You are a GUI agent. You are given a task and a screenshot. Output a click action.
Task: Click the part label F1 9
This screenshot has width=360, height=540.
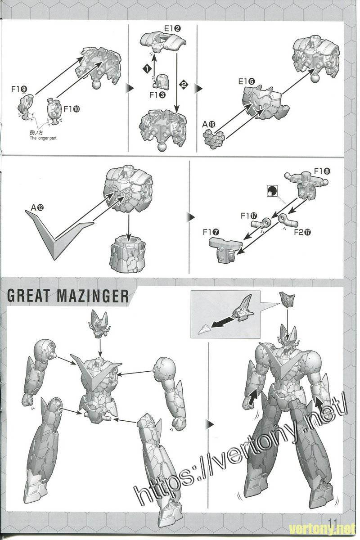(x=19, y=89)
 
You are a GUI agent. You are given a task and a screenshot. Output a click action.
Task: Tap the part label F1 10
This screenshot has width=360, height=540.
(x=72, y=109)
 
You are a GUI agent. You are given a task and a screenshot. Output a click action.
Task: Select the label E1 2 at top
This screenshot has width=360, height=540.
(x=172, y=28)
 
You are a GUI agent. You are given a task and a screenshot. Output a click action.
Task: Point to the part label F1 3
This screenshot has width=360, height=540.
(x=157, y=95)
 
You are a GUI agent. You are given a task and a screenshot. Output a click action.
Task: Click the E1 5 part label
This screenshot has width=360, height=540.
(x=247, y=81)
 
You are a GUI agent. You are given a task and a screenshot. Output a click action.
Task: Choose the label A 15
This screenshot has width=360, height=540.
(x=208, y=124)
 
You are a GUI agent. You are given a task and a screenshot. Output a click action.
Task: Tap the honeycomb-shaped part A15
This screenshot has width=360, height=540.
(x=214, y=139)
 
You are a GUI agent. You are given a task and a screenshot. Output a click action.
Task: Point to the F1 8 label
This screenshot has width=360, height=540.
(x=322, y=171)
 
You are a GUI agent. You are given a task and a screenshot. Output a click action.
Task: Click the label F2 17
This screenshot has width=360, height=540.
(x=302, y=232)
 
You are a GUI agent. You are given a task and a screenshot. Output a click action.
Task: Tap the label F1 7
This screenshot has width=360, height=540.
(x=211, y=232)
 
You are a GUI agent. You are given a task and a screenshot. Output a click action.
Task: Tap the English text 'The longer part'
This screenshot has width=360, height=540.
(x=43, y=138)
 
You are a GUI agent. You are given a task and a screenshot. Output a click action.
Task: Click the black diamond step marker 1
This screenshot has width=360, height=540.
(x=147, y=68)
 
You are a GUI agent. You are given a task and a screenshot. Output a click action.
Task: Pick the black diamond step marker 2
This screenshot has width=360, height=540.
(x=184, y=85)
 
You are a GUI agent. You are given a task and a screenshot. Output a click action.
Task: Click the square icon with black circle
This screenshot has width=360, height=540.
(x=272, y=191)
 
